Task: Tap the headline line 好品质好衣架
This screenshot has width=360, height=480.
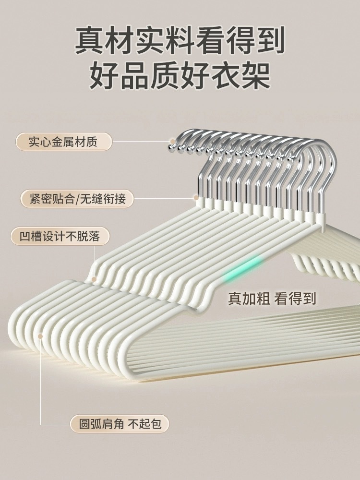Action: [180, 75]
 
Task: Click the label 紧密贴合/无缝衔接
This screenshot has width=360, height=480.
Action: [77, 199]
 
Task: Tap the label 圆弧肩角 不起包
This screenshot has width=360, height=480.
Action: [120, 424]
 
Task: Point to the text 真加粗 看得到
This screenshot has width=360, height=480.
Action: [272, 298]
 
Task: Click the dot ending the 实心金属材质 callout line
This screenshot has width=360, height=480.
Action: [171, 142]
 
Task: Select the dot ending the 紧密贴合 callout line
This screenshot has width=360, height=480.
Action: [196, 197]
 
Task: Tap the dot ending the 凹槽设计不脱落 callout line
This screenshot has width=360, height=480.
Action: [95, 278]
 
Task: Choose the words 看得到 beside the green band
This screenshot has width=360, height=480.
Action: [295, 298]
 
